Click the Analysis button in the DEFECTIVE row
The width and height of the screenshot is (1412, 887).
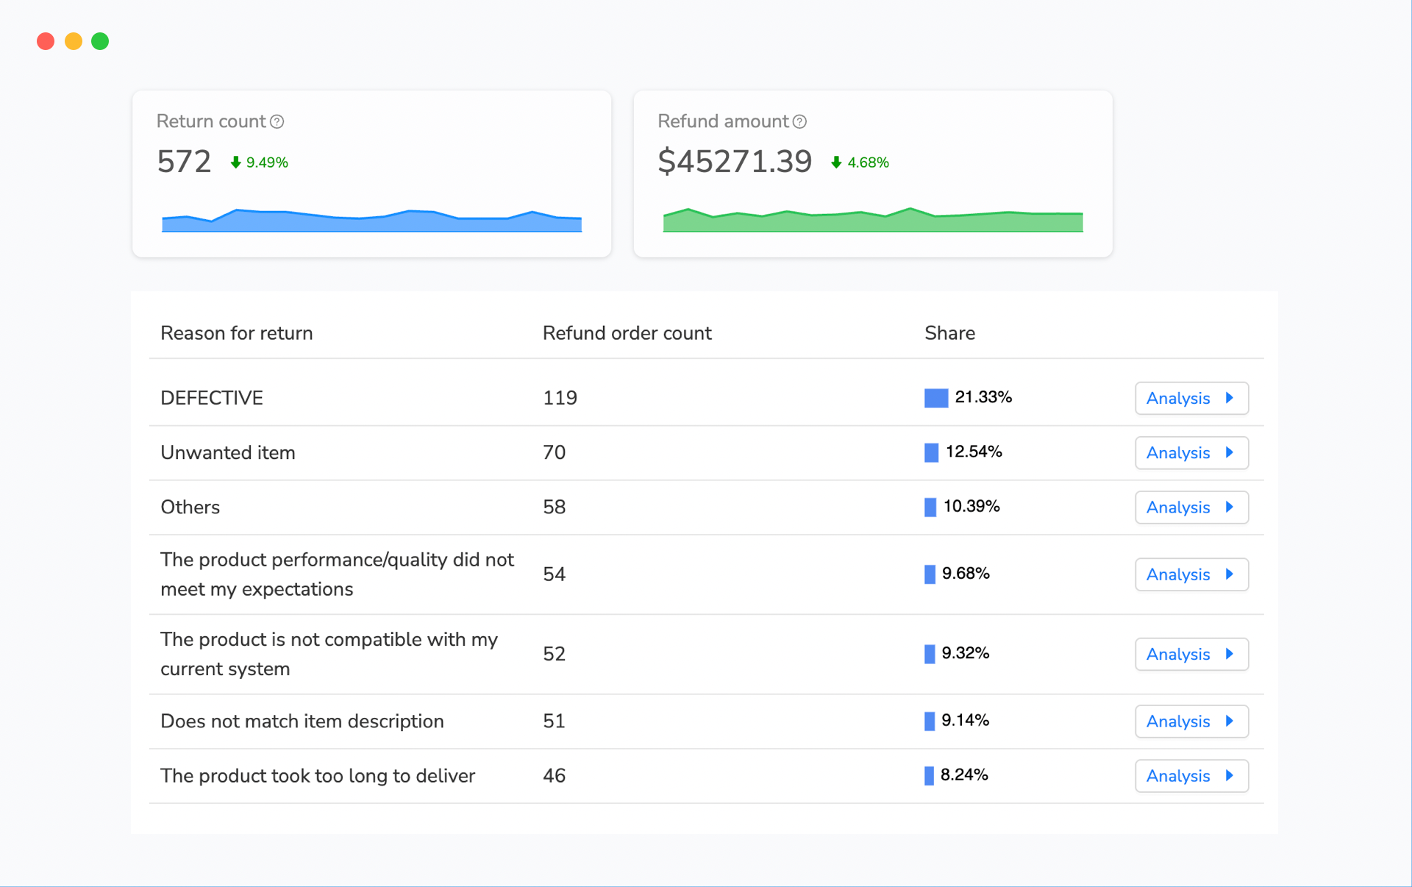coord(1191,398)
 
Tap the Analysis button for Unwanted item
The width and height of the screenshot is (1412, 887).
coord(1191,452)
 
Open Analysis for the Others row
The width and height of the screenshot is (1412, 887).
coord(1191,507)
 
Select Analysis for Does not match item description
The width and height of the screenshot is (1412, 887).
coord(1191,721)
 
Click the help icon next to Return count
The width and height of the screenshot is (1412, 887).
coord(277,121)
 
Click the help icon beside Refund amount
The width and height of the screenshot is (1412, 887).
coord(800,121)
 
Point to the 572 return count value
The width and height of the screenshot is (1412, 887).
coord(184,162)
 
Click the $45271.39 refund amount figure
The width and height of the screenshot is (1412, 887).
coord(735,162)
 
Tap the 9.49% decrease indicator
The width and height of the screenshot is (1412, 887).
coord(259,163)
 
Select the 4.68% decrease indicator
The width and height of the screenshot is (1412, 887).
coord(860,163)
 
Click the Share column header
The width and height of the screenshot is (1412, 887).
coord(949,333)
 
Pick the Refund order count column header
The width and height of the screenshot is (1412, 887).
coord(627,333)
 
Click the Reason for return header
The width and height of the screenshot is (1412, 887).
coord(236,333)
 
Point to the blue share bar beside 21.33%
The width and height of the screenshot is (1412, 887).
coord(935,398)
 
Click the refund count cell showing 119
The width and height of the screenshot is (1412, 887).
coord(560,398)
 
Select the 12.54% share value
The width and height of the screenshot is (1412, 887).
coord(974,452)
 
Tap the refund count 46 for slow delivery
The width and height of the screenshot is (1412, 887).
coord(554,775)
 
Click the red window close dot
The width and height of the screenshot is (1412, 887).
coord(46,41)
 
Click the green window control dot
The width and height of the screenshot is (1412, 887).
coord(100,41)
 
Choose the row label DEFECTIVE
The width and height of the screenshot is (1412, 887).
coord(212,398)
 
